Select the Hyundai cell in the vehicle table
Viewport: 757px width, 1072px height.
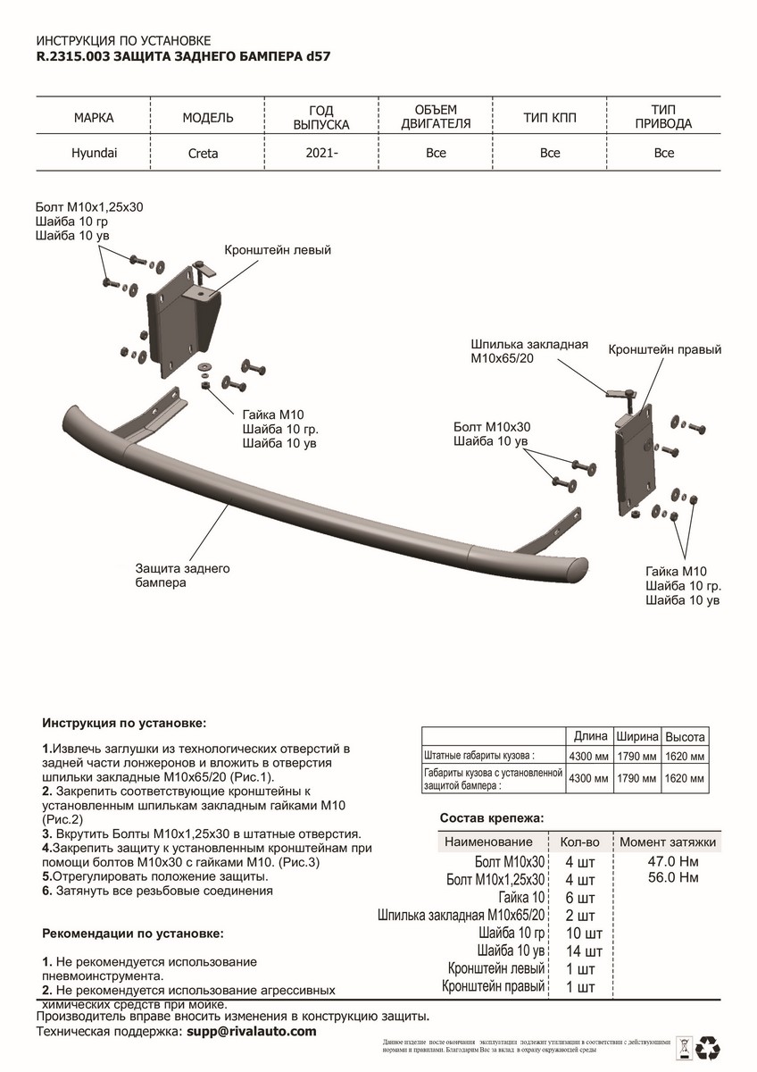click(94, 153)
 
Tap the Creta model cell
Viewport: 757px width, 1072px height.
click(204, 154)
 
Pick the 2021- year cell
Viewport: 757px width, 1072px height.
click(321, 154)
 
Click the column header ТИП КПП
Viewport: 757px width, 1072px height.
click(550, 117)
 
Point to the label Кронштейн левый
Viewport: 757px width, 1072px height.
click(278, 250)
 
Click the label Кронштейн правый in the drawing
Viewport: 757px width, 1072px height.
click(664, 349)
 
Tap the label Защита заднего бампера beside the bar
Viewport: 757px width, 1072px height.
click(183, 575)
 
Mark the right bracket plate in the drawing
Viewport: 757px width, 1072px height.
click(636, 469)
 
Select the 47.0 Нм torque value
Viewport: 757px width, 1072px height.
click(676, 862)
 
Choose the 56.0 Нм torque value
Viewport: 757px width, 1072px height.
click(676, 879)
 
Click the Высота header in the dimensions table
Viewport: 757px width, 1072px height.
click(685, 738)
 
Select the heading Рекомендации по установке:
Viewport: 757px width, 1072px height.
click(133, 934)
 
